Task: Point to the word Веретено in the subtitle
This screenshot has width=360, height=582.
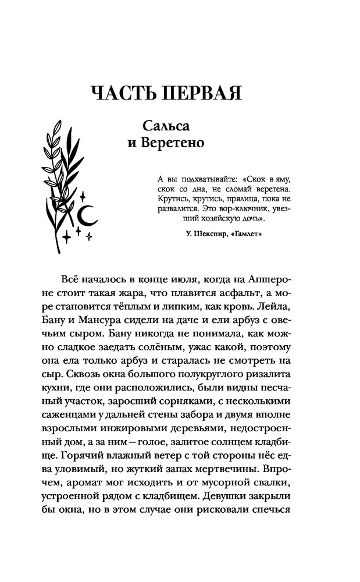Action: tap(173, 143)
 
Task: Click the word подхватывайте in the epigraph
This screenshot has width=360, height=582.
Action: tap(193, 179)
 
